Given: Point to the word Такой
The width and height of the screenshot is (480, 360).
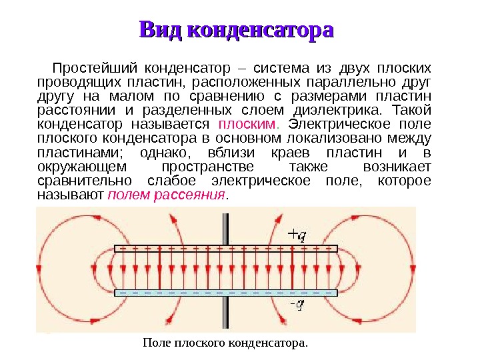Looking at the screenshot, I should pos(413,110).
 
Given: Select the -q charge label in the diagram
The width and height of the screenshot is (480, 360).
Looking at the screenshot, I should pos(297,305).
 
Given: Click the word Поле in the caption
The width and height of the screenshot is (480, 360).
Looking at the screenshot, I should pos(154,343).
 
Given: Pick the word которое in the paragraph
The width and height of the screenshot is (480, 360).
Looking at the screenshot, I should pos(404,181).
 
